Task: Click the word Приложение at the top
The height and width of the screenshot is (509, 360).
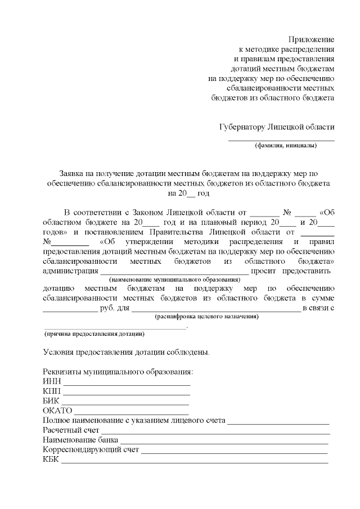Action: click(x=311, y=39)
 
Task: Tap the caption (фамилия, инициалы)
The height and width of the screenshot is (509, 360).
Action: click(x=286, y=146)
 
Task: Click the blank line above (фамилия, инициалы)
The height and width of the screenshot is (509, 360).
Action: click(x=281, y=139)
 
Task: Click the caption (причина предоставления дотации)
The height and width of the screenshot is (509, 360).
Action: click(x=94, y=334)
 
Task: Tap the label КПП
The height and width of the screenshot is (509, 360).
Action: click(x=52, y=391)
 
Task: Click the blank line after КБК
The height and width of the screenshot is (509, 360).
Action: click(x=195, y=461)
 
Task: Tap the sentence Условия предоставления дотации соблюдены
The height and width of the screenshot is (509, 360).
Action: click(x=127, y=353)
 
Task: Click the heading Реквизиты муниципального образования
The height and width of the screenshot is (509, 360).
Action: click(x=118, y=372)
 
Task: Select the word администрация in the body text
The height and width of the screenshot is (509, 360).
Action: click(x=70, y=271)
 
